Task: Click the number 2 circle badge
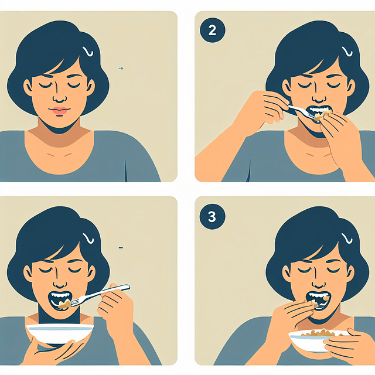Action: [x=212, y=31]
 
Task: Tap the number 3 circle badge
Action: [x=212, y=217]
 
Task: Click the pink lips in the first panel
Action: [x=60, y=110]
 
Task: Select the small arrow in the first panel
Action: [x=121, y=69]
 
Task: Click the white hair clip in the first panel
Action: [x=88, y=52]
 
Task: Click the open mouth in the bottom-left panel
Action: [x=62, y=301]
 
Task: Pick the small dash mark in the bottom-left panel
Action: [x=120, y=248]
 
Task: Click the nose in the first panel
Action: [x=60, y=97]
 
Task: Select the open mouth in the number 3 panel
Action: [x=318, y=299]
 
